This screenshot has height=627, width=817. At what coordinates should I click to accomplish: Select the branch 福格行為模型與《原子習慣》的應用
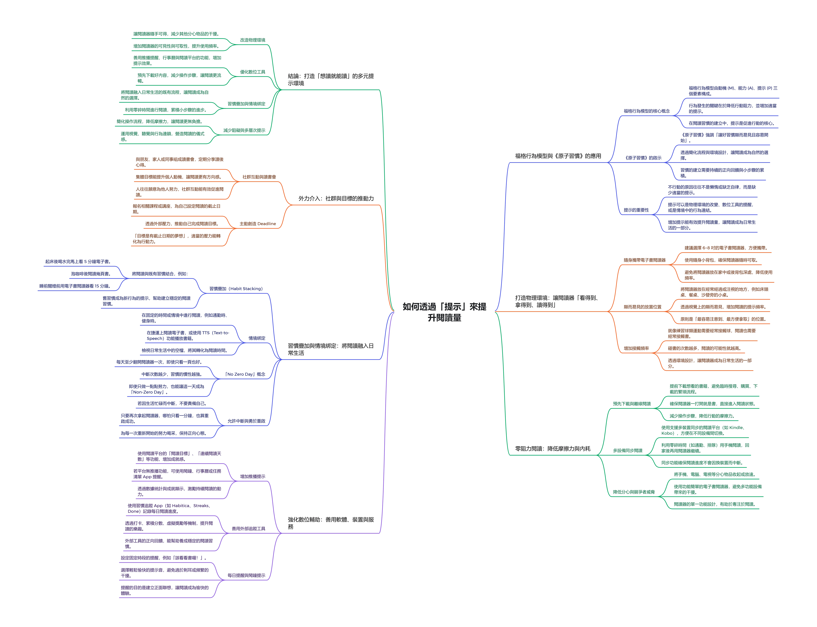pyautogui.click(x=558, y=156)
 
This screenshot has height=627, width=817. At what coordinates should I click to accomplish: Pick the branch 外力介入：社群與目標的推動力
pyautogui.click(x=336, y=199)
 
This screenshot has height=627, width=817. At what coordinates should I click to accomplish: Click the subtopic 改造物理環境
pyautogui.click(x=253, y=40)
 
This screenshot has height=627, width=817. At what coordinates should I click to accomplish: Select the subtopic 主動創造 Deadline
pyautogui.click(x=257, y=224)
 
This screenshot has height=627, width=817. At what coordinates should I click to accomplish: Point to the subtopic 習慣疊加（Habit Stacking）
pyautogui.click(x=236, y=289)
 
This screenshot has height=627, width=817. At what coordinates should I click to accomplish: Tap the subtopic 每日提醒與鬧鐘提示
pyautogui.click(x=246, y=576)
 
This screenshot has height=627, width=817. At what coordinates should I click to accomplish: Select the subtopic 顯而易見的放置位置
pyautogui.click(x=642, y=307)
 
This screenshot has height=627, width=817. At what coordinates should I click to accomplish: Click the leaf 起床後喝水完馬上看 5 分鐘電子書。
pyautogui.click(x=78, y=262)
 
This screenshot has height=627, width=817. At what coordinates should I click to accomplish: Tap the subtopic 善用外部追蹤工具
pyautogui.click(x=248, y=529)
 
